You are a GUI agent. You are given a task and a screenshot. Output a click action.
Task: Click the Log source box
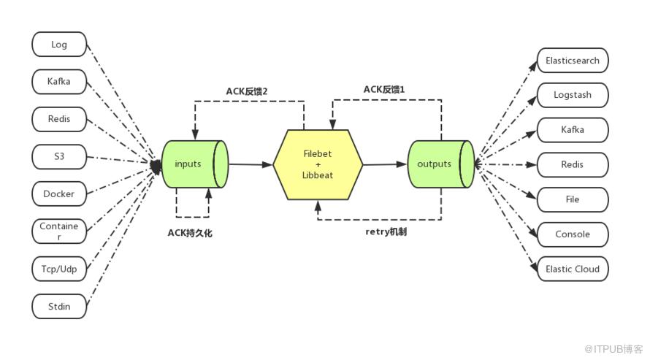click(x=59, y=45)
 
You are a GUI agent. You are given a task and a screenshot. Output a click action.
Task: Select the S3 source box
click(x=59, y=156)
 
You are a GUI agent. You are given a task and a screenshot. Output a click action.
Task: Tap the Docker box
click(x=59, y=194)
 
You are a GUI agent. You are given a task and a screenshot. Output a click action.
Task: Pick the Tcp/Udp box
click(x=59, y=269)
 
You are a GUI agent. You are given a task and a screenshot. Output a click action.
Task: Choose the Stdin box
click(x=59, y=306)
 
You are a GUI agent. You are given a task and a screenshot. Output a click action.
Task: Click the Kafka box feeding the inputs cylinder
click(x=59, y=81)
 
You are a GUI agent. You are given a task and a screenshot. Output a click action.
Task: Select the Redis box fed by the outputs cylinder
click(x=573, y=165)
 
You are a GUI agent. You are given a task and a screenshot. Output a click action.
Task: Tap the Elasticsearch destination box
click(x=573, y=60)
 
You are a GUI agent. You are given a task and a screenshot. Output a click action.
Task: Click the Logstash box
click(x=573, y=95)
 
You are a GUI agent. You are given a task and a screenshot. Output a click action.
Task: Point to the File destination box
click(x=573, y=199)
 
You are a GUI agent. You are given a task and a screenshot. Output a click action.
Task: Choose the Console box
click(x=573, y=234)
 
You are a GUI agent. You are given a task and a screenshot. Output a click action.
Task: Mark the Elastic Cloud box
click(x=573, y=269)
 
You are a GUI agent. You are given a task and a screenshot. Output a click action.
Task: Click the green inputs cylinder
click(x=193, y=164)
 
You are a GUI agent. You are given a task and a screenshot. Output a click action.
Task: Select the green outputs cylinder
click(x=439, y=164)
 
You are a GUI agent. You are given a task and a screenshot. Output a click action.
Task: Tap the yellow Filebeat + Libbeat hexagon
click(x=318, y=164)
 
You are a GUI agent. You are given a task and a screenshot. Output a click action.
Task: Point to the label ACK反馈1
click(x=384, y=89)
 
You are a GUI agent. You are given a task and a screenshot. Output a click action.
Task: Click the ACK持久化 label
click(x=192, y=231)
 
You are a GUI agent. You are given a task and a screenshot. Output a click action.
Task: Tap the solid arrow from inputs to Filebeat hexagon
click(x=251, y=165)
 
